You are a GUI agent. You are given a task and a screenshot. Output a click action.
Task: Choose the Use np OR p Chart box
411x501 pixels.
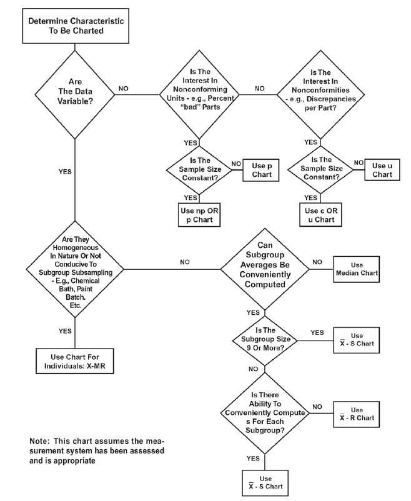click(198, 214)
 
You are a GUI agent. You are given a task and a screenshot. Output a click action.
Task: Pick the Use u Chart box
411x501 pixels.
click(382, 171)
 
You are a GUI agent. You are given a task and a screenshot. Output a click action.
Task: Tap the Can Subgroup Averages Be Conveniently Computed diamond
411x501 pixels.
click(265, 267)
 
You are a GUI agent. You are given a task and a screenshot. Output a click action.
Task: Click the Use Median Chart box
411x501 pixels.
click(357, 267)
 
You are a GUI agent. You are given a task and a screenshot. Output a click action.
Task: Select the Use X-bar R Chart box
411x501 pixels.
click(357, 414)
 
